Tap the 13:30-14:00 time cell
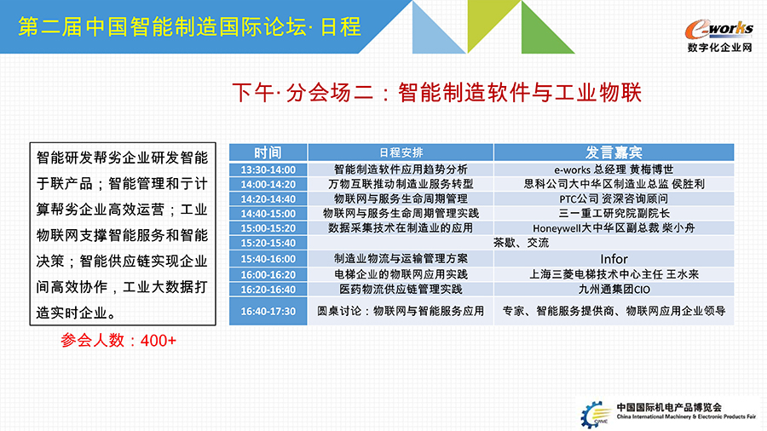coord(268,170)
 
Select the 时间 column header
coord(268,152)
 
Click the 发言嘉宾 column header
coord(614,152)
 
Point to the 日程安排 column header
coord(401,152)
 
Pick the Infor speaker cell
coord(614,259)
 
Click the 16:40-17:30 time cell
coord(268,311)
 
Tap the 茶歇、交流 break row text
coord(521,243)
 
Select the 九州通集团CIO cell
coord(614,290)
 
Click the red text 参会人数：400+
coord(118,341)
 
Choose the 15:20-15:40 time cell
coord(268,243)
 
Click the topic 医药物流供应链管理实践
coord(401,290)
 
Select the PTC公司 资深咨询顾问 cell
coord(614,198)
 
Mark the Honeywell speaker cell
coord(614,228)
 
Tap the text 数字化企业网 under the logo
coord(719,48)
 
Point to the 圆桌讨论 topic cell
coord(401,311)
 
